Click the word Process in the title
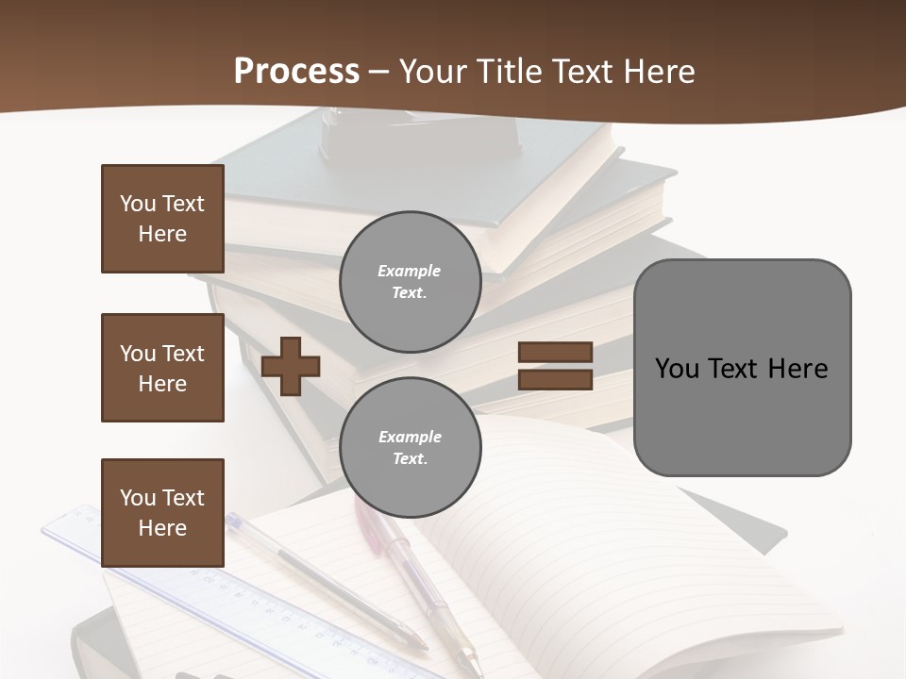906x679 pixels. click(296, 72)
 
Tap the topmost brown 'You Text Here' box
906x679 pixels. click(162, 219)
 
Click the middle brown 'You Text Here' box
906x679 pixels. click(162, 368)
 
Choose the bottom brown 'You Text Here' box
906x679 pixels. click(162, 512)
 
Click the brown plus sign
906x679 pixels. click(291, 366)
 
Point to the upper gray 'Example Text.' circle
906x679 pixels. click(410, 281)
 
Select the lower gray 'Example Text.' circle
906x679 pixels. click(410, 447)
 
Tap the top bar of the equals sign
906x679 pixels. click(555, 353)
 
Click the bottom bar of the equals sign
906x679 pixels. click(555, 379)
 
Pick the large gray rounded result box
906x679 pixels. click(742, 368)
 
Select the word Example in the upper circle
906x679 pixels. click(410, 271)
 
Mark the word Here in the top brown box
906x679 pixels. click(162, 234)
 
